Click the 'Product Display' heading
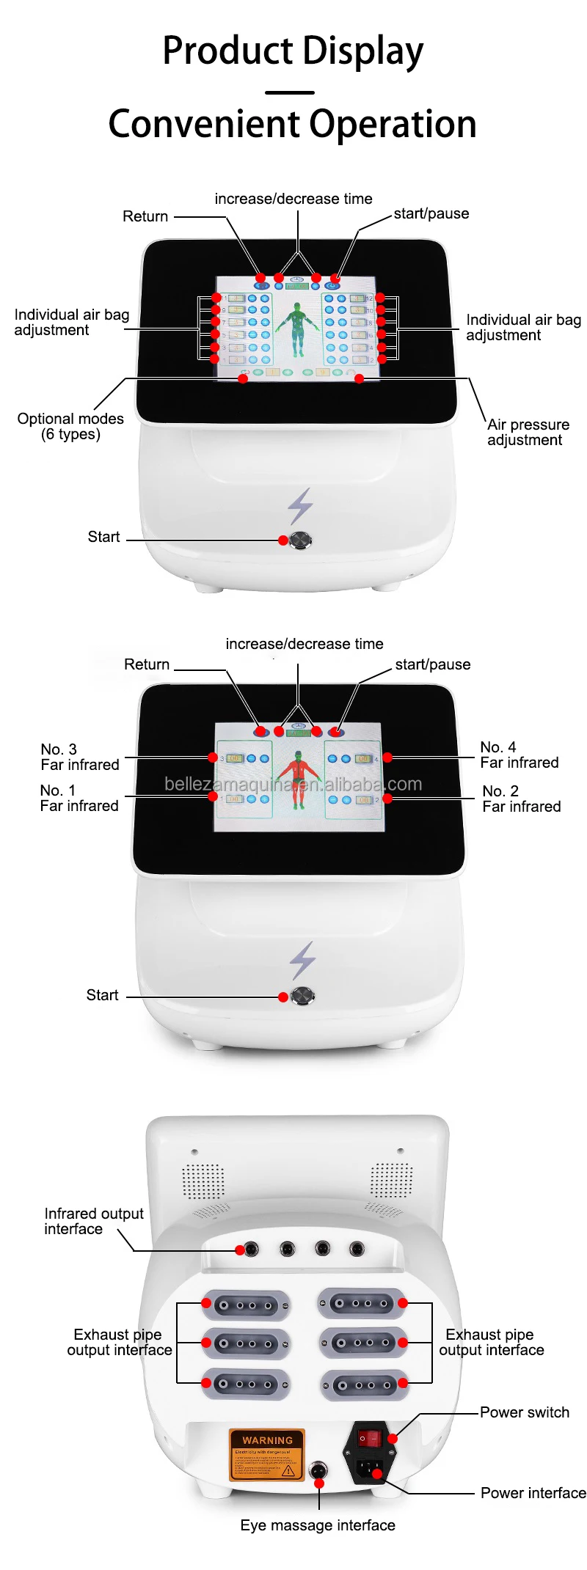[x=293, y=51]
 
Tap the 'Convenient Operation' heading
[x=293, y=124]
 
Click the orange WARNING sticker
[x=267, y=1455]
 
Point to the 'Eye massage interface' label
[x=318, y=1525]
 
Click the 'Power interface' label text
[x=533, y=1493]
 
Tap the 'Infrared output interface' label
[x=93, y=1221]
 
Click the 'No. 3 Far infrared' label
[x=79, y=757]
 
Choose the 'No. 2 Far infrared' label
[x=521, y=799]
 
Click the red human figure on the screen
[x=298, y=777]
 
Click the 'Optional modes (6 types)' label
[x=70, y=426]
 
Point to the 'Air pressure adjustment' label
[x=528, y=432]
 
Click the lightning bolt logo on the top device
[x=300, y=505]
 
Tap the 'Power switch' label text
[x=524, y=1412]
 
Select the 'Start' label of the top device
[x=103, y=537]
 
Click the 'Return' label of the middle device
[x=147, y=664]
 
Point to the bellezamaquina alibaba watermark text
[x=293, y=784]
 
